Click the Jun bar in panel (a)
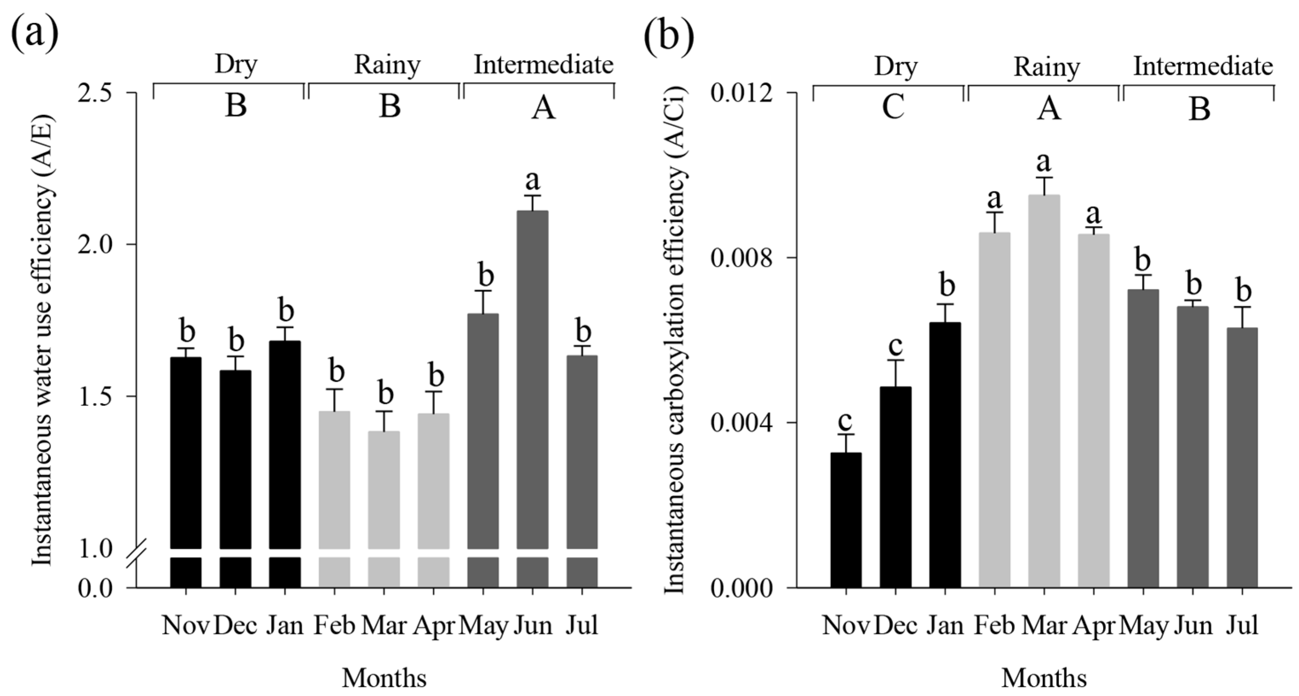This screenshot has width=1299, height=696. click(x=532, y=378)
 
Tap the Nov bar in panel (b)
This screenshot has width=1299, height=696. click(x=846, y=519)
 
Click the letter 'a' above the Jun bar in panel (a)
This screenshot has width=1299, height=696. click(x=532, y=180)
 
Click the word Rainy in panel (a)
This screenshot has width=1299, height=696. click(x=387, y=66)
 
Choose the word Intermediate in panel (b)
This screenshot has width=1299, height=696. click(x=1203, y=66)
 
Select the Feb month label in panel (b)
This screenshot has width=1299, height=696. click(x=994, y=625)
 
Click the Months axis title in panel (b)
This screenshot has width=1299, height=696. click(x=1044, y=679)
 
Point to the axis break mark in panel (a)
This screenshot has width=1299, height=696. click(x=137, y=553)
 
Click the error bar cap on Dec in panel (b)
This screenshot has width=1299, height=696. click(x=896, y=360)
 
